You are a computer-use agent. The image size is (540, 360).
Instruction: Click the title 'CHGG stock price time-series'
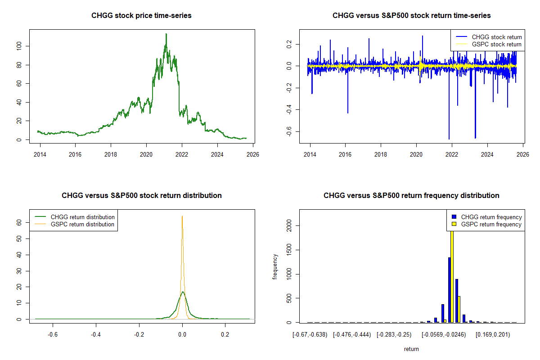tap(142, 16)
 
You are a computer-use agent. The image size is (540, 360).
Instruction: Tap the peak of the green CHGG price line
tap(166, 34)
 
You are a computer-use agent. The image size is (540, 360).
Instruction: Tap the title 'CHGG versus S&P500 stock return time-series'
tap(411, 16)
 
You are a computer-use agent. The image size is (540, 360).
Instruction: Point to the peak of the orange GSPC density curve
tap(182, 216)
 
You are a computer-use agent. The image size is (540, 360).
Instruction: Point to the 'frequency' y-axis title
tap(275, 267)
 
